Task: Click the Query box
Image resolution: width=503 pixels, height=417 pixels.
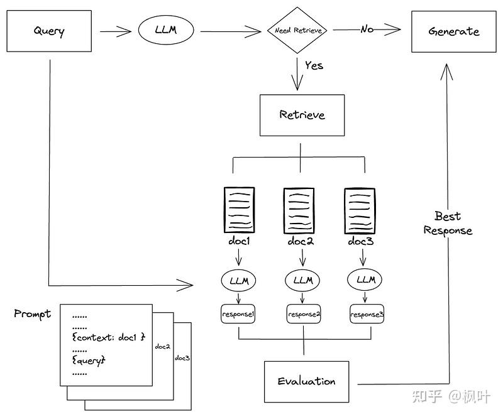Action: pyautogui.click(x=49, y=31)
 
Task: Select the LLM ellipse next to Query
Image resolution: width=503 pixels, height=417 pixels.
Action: pyautogui.click(x=166, y=30)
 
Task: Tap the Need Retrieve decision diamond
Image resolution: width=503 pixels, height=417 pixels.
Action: pyautogui.click(x=297, y=30)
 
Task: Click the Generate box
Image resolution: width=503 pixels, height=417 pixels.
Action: pyautogui.click(x=453, y=31)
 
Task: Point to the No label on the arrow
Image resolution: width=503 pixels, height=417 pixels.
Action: pyautogui.click(x=367, y=30)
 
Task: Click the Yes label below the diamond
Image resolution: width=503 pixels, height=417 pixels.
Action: pyautogui.click(x=314, y=65)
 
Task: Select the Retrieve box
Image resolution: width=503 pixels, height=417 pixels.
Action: pyautogui.click(x=302, y=115)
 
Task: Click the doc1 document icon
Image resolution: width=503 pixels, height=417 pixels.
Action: pyautogui.click(x=240, y=210)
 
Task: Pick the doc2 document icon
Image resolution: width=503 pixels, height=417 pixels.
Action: pyautogui.click(x=299, y=210)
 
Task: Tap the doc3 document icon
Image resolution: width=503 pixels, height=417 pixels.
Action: pyautogui.click(x=360, y=210)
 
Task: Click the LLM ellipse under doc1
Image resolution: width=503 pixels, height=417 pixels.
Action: pyautogui.click(x=239, y=281)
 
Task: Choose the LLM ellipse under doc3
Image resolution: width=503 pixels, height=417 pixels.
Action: pyautogui.click(x=365, y=280)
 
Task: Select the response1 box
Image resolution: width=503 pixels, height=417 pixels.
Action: pyautogui.click(x=238, y=313)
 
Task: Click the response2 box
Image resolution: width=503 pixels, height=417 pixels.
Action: pyautogui.click(x=304, y=314)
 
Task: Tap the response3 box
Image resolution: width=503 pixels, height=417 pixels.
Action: pyautogui.click(x=367, y=314)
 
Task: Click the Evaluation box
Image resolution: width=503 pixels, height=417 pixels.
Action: pyautogui.click(x=306, y=381)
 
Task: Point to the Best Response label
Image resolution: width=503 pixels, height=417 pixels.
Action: pyautogui.click(x=448, y=224)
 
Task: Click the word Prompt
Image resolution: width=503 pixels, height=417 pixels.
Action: pyautogui.click(x=33, y=314)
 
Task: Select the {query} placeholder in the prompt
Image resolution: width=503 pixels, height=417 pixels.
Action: pyautogui.click(x=89, y=360)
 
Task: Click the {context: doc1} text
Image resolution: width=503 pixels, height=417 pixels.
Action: pyautogui.click(x=109, y=337)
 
